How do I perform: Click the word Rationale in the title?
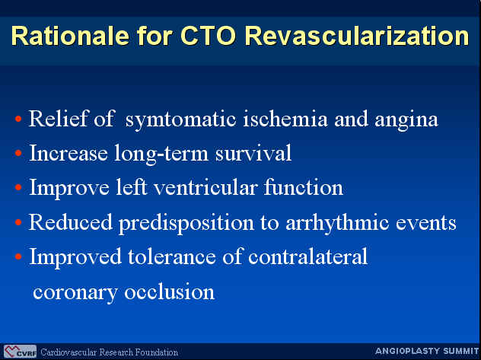pos(70,36)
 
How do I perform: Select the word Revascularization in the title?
pos(357,36)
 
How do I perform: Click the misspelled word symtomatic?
pos(180,120)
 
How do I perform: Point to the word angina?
pos(406,120)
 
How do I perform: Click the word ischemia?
pos(285,119)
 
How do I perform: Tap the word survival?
pos(253,153)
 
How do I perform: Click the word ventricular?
pos(205,187)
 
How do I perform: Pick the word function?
pos(304,187)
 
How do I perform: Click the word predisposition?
pos(186,223)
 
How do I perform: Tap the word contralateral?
pos(307,256)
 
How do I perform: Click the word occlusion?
pos(169,292)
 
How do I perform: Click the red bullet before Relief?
pos(18,119)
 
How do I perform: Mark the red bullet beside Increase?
pos(18,152)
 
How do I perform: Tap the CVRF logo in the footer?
pos(21,352)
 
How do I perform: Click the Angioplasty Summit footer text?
pos(427,351)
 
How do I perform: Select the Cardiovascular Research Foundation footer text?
pos(109,352)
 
